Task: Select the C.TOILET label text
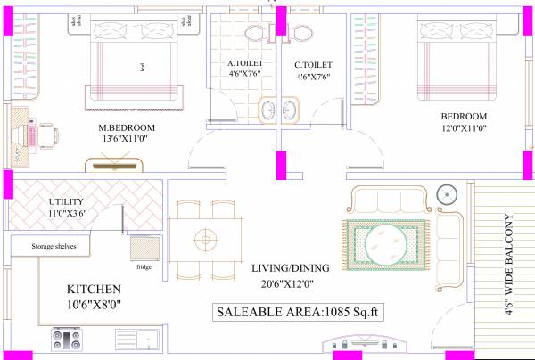click(313, 64)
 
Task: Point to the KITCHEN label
click(94, 290)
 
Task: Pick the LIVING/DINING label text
click(290, 267)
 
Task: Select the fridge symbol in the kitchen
click(144, 249)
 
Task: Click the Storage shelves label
click(54, 245)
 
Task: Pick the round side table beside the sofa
click(449, 192)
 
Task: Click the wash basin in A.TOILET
click(267, 110)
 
